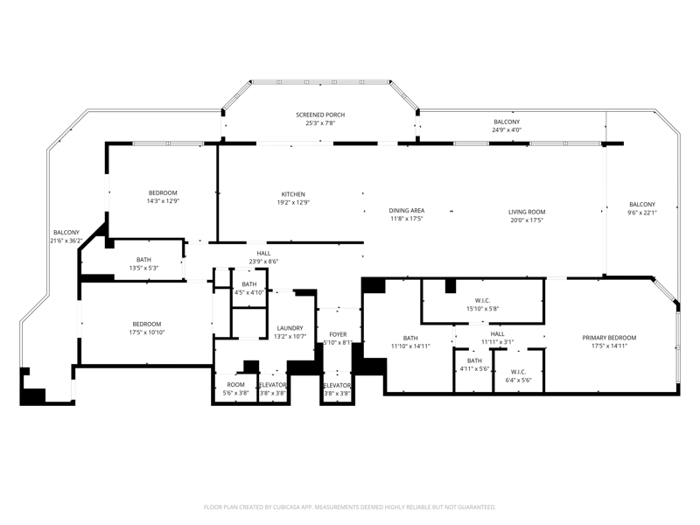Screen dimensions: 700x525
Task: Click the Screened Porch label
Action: [x=320, y=115]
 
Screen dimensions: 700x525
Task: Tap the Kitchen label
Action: [x=293, y=194]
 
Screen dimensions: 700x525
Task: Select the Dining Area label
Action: [x=407, y=210]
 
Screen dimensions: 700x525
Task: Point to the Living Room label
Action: [x=527, y=212]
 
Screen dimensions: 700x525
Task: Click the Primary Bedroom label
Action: [x=609, y=338]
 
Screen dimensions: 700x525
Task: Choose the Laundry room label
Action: [x=290, y=328]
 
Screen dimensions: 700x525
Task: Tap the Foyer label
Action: [x=338, y=334]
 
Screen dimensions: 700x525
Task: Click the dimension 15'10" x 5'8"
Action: [x=483, y=309]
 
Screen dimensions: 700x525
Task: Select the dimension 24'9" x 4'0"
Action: [x=507, y=129]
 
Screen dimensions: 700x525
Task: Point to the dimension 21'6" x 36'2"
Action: [x=66, y=241]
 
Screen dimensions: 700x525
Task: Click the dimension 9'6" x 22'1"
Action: [x=642, y=213]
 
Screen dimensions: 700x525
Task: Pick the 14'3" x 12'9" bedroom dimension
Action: [x=163, y=201]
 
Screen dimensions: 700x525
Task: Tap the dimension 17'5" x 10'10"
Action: [x=147, y=332]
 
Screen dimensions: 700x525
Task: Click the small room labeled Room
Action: [x=235, y=384]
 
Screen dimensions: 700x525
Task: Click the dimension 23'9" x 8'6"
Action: [x=263, y=262]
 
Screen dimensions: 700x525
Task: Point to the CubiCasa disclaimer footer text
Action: [x=349, y=507]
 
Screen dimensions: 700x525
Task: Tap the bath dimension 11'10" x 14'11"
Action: [x=410, y=346]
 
